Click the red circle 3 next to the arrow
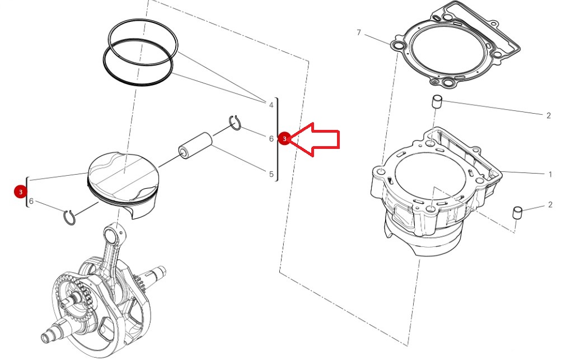284,139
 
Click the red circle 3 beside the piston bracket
21,191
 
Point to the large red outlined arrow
315,139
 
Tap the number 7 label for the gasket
359,32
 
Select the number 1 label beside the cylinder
550,174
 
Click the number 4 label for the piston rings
271,105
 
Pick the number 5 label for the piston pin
271,174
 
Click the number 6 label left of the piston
31,202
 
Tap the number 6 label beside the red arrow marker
271,138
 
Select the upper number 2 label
549,116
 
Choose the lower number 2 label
550,204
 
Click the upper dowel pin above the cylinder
436,101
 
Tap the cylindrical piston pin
195,144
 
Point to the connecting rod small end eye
110,232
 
